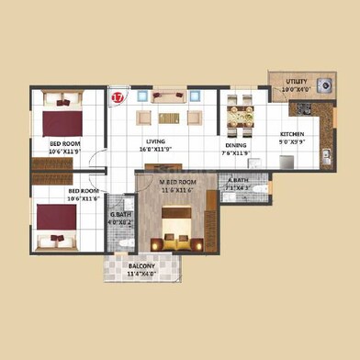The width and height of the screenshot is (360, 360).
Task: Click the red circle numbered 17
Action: pyautogui.click(x=117, y=95)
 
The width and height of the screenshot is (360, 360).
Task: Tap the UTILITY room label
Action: pyautogui.click(x=296, y=82)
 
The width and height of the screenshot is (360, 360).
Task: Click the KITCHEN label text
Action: pyautogui.click(x=292, y=135)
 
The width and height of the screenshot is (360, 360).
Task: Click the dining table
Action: pyautogui.click(x=241, y=115)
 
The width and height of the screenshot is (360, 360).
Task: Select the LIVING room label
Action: pyautogui.click(x=152, y=139)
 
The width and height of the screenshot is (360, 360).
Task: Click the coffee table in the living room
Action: pyautogui.click(x=169, y=118)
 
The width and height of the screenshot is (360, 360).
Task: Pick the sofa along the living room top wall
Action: pyautogui.click(x=169, y=96)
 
